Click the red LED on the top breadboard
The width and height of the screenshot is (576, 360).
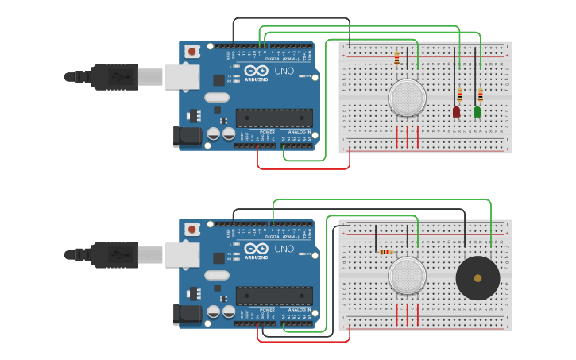click(456, 112)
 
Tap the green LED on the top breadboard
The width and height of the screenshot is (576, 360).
click(477, 112)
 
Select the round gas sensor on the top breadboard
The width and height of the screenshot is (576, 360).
click(407, 97)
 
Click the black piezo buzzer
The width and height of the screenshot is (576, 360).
click(477, 277)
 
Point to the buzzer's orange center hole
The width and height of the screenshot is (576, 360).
click(477, 278)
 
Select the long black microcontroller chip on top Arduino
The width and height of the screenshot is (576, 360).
click(273, 118)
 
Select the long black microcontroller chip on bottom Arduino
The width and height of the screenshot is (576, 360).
click(273, 296)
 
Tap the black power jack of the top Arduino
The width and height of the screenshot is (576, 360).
click(188, 136)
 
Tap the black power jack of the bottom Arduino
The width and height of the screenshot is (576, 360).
click(188, 314)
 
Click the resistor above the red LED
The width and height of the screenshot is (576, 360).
click(459, 94)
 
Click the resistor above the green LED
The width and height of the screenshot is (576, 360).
click(480, 95)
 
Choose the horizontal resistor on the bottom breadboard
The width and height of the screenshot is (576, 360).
click(386, 252)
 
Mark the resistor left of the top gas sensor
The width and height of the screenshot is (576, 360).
click(396, 58)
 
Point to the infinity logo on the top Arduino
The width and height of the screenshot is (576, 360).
click(257, 70)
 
